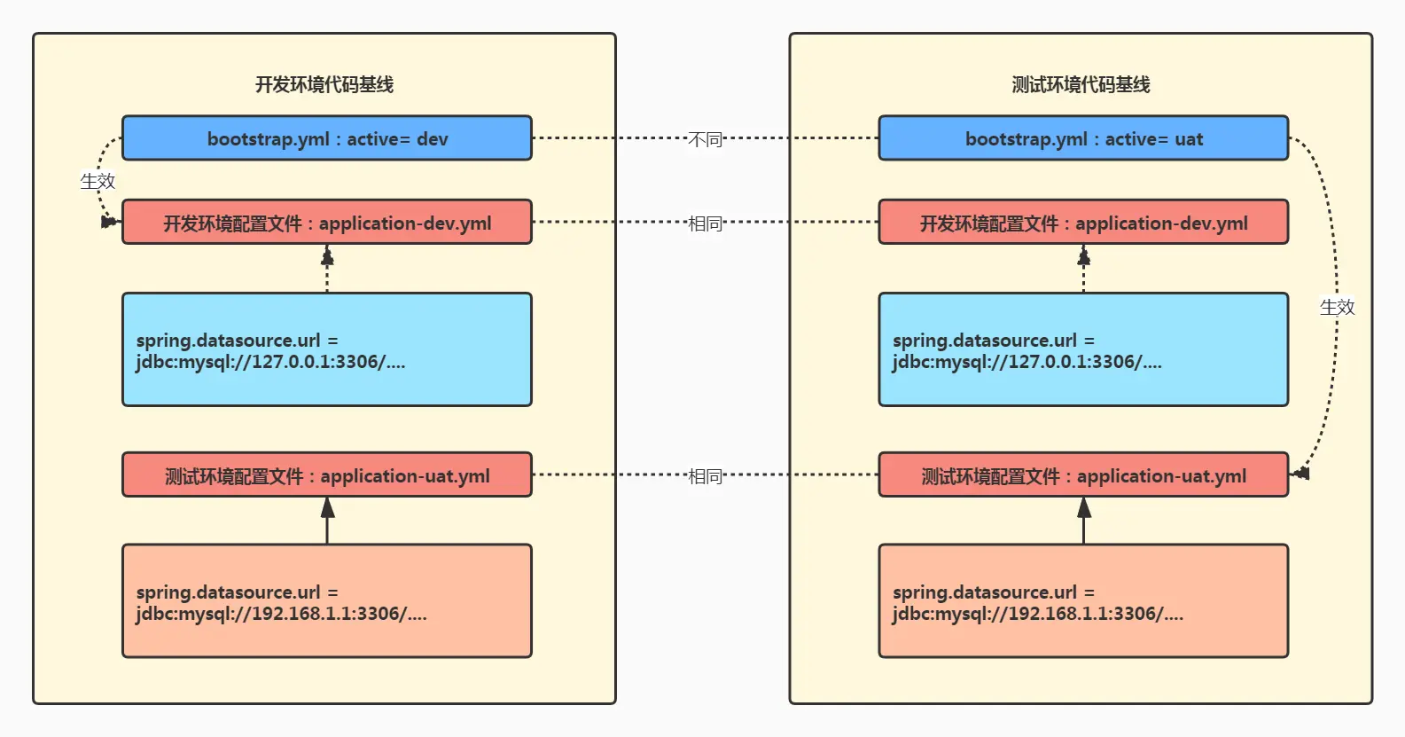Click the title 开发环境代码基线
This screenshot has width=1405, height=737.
[x=324, y=84]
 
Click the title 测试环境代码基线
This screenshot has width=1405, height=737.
[x=1081, y=84]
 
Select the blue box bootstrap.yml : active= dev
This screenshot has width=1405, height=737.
[x=327, y=138]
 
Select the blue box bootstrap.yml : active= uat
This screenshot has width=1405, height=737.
[x=1083, y=138]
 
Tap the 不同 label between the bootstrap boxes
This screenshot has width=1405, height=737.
[x=705, y=139]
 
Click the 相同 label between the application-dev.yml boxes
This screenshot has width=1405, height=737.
[x=705, y=223]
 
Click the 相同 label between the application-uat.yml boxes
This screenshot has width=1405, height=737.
[x=705, y=476]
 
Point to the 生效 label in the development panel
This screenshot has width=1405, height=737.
[x=98, y=181]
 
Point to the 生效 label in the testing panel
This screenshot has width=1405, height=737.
[x=1337, y=307]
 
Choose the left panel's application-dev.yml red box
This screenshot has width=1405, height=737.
[x=327, y=223]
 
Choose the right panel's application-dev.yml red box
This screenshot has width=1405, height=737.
[x=1083, y=223]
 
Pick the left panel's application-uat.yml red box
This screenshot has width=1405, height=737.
[x=327, y=475]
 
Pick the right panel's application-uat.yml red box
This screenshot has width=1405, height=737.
[x=1083, y=475]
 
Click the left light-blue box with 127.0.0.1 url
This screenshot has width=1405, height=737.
[x=327, y=349]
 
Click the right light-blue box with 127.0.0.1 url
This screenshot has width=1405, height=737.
[x=1083, y=349]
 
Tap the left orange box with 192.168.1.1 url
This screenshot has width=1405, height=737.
[x=327, y=601]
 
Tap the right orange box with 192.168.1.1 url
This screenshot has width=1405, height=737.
[x=1083, y=601]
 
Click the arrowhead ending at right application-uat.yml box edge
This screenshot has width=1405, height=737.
[x=1300, y=474]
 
